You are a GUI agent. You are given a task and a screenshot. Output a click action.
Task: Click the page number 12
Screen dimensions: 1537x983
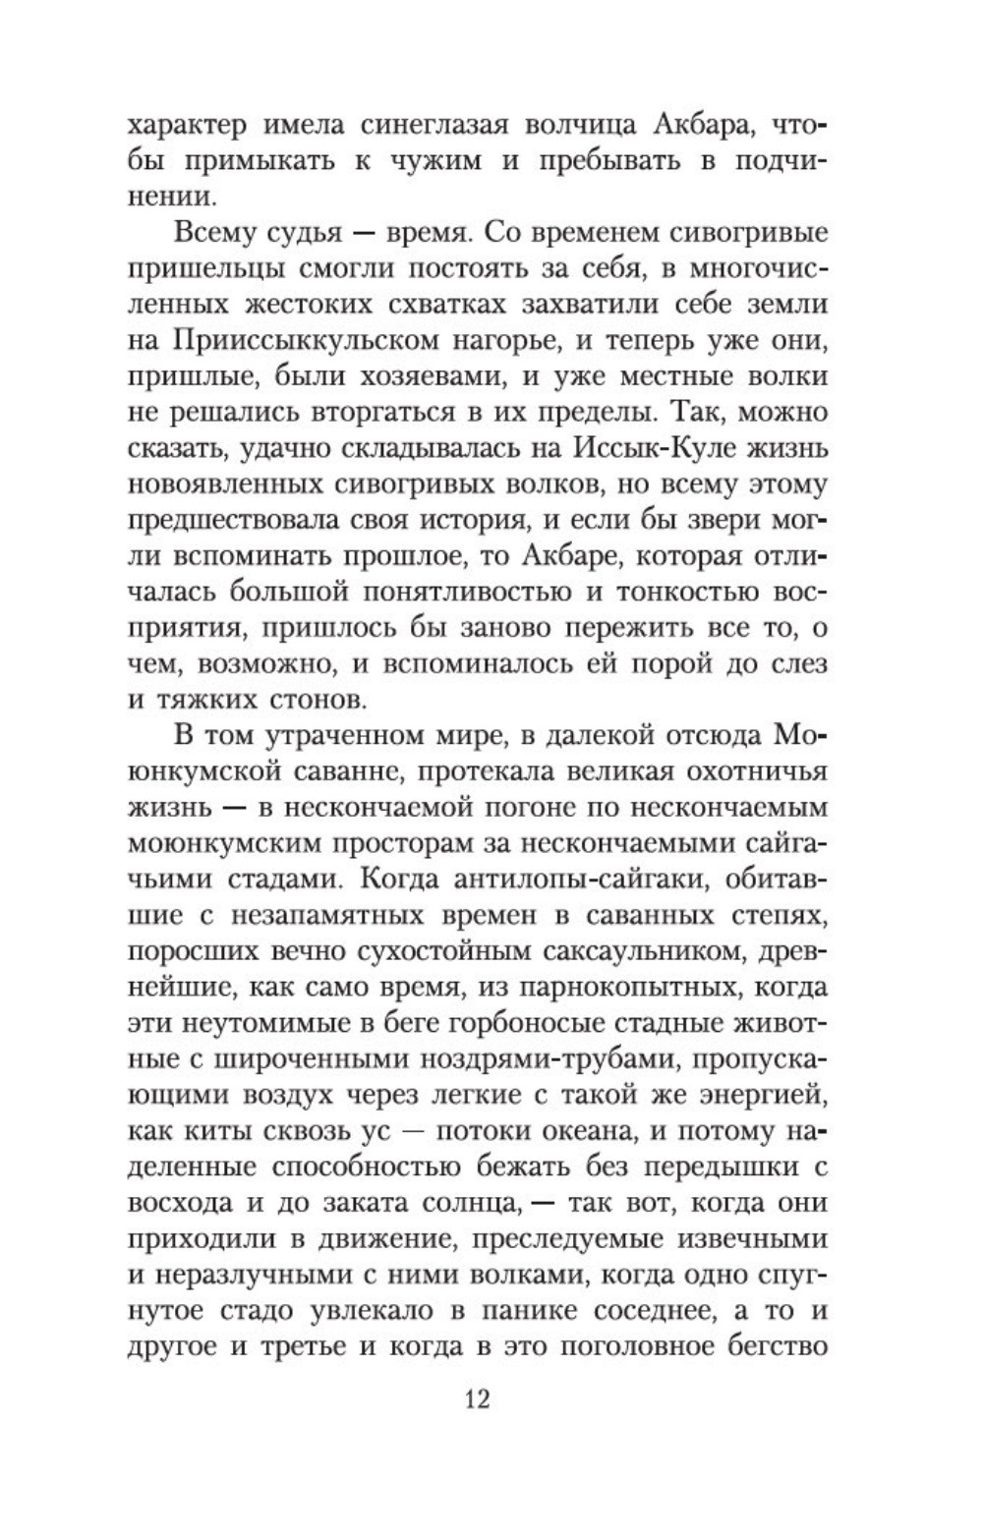click(476, 1397)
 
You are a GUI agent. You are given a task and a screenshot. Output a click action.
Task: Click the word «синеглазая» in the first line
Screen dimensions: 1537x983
click(392, 127)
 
